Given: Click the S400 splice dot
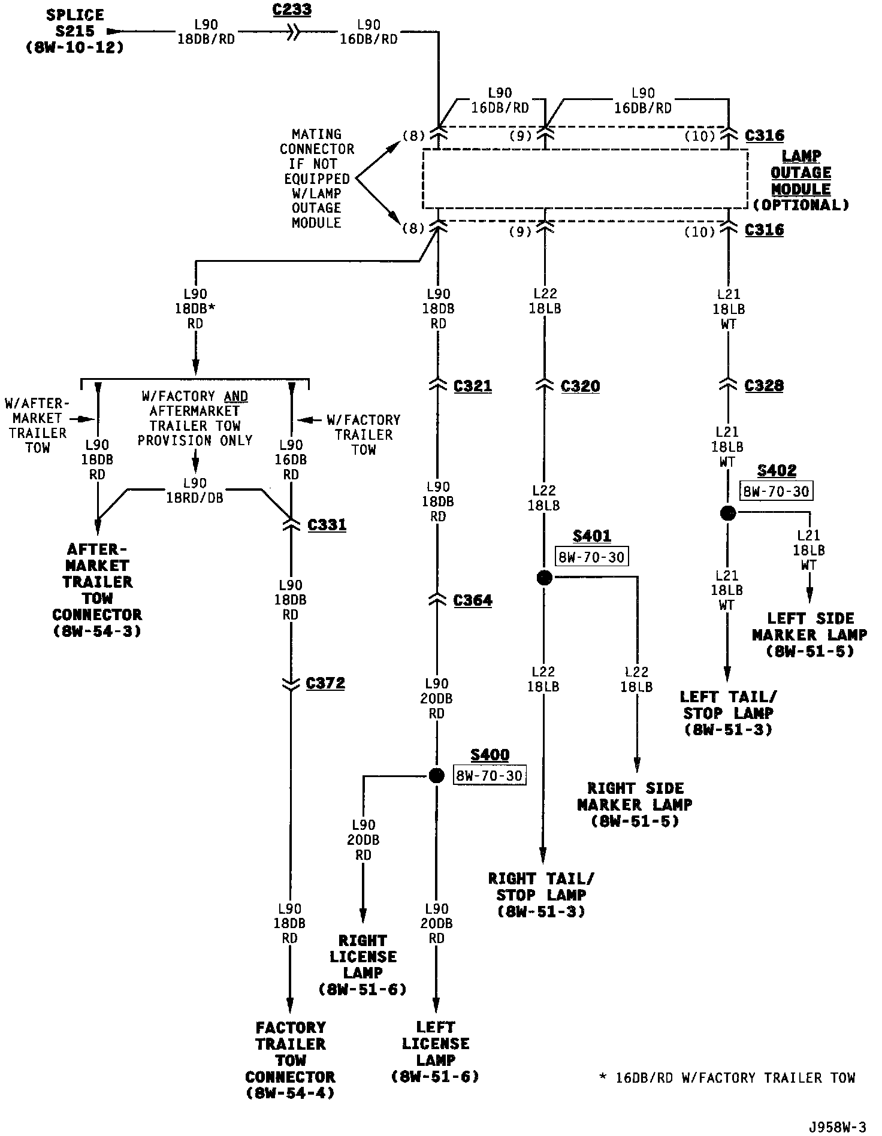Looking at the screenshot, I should tap(437, 775).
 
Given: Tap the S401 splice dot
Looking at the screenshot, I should tap(543, 577).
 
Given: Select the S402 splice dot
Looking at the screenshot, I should tap(727, 513).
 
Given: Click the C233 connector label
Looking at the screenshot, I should tap(292, 10).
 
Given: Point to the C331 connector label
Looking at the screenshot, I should tap(327, 525).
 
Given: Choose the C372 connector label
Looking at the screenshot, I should tap(325, 683).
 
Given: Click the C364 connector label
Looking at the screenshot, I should tap(472, 600).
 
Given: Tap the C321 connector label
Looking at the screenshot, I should tap(472, 386).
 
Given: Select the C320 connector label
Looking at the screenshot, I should tap(580, 386).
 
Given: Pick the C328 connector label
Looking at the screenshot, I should tap(763, 385).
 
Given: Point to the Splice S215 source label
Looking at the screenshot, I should tap(75, 31).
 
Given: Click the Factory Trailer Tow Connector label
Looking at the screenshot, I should tap(290, 1060).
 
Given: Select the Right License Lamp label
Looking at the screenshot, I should tap(363, 965).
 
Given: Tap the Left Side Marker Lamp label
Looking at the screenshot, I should tap(809, 635).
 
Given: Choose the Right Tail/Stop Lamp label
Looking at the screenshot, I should tap(541, 895).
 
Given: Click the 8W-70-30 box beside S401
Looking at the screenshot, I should tap(591, 557).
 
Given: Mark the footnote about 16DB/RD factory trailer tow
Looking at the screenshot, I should tap(727, 1078).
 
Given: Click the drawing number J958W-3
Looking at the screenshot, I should tap(836, 1127).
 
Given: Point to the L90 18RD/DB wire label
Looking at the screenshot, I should tap(195, 490).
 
